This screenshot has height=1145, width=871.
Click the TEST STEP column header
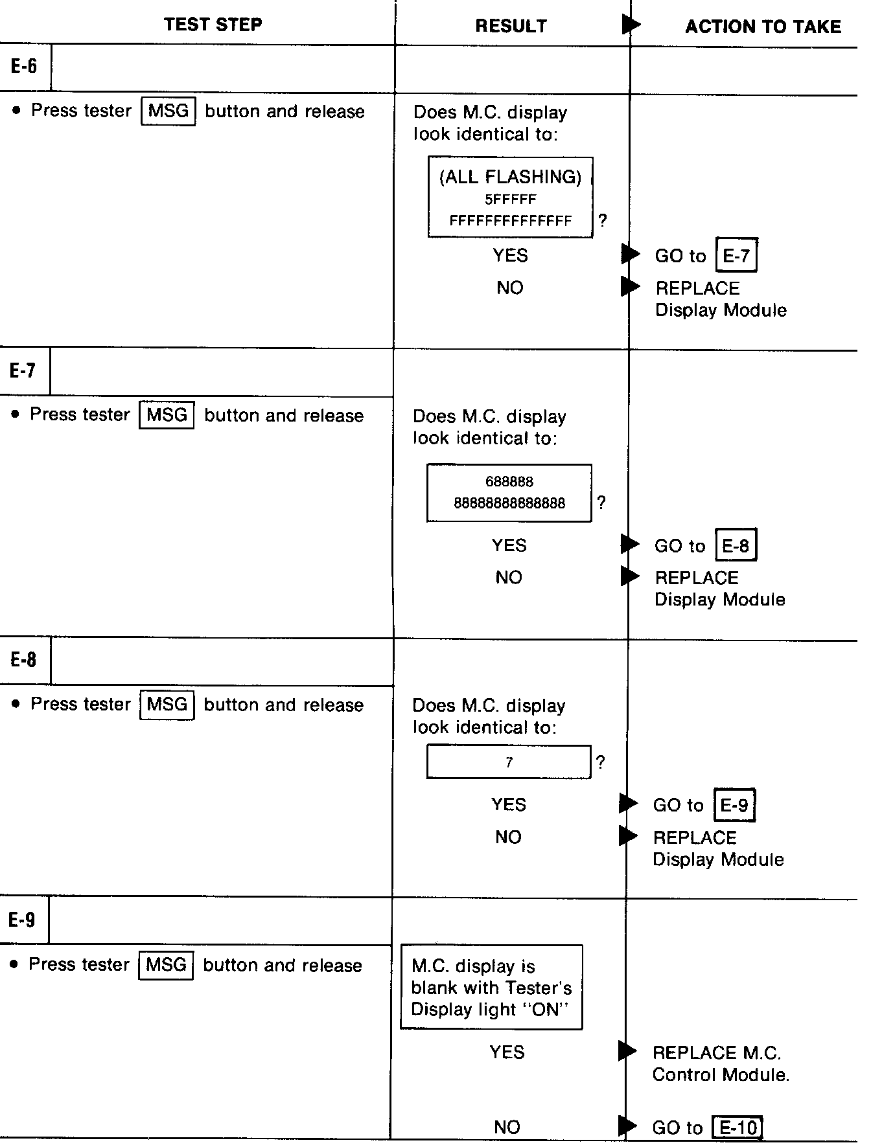click(213, 25)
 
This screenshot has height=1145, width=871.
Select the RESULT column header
click(511, 26)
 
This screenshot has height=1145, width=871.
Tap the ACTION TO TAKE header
click(763, 27)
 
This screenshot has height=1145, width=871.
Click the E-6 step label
click(24, 66)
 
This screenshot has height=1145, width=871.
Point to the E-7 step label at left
click(23, 370)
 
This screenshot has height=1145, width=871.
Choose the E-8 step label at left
click(23, 660)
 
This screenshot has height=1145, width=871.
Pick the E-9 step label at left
click(22, 920)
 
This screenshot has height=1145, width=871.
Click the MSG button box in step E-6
click(168, 111)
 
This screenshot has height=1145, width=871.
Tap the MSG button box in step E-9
click(166, 964)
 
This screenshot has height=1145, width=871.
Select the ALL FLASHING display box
click(510, 197)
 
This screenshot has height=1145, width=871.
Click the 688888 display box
click(509, 493)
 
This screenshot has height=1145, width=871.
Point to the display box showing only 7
click(509, 762)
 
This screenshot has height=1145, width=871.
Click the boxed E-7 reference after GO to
click(736, 255)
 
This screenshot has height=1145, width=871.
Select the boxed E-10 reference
click(737, 1128)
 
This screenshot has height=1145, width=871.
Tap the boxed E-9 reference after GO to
click(734, 805)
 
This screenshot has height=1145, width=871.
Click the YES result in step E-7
click(509, 545)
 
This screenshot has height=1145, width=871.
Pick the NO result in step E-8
click(508, 837)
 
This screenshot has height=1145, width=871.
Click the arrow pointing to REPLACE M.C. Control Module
click(627, 1051)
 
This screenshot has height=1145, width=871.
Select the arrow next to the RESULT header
click(631, 25)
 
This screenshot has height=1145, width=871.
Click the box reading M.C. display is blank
click(491, 987)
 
